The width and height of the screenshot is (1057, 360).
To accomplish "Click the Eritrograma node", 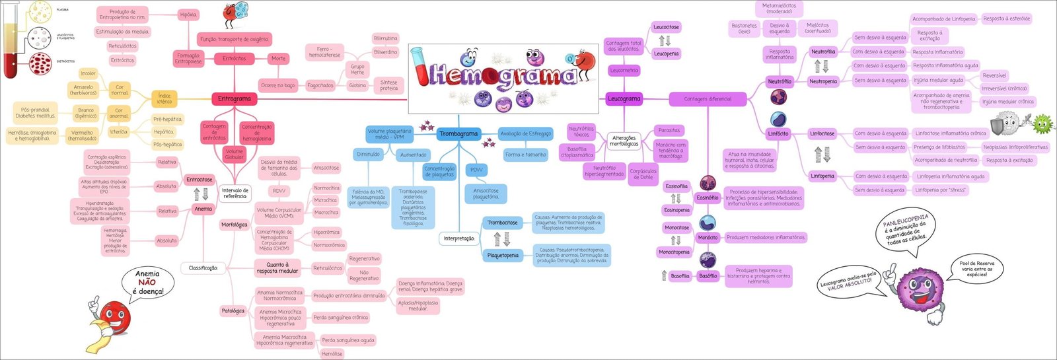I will click(235, 99).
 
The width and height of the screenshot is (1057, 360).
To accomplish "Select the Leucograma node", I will click(624, 99).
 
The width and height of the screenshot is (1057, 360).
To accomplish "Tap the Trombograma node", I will click(458, 134).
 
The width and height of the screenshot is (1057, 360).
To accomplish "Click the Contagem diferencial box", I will click(708, 99).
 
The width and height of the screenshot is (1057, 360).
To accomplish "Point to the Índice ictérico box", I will click(164, 99).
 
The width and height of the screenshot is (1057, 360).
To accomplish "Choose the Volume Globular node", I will click(235, 154).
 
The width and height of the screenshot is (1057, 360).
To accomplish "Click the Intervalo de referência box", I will click(235, 193).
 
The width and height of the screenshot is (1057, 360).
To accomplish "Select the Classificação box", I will click(203, 268).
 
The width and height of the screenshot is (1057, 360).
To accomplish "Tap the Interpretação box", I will click(459, 238).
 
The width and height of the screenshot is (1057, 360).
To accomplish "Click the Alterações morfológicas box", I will click(624, 141).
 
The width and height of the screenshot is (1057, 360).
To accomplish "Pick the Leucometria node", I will click(624, 70).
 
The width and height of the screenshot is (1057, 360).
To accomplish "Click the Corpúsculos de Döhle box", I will click(643, 174).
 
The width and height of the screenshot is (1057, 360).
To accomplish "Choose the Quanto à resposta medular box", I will click(277, 268).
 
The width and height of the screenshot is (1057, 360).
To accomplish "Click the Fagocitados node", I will click(320, 86).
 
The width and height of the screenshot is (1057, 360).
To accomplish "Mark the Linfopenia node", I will click(822, 176).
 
